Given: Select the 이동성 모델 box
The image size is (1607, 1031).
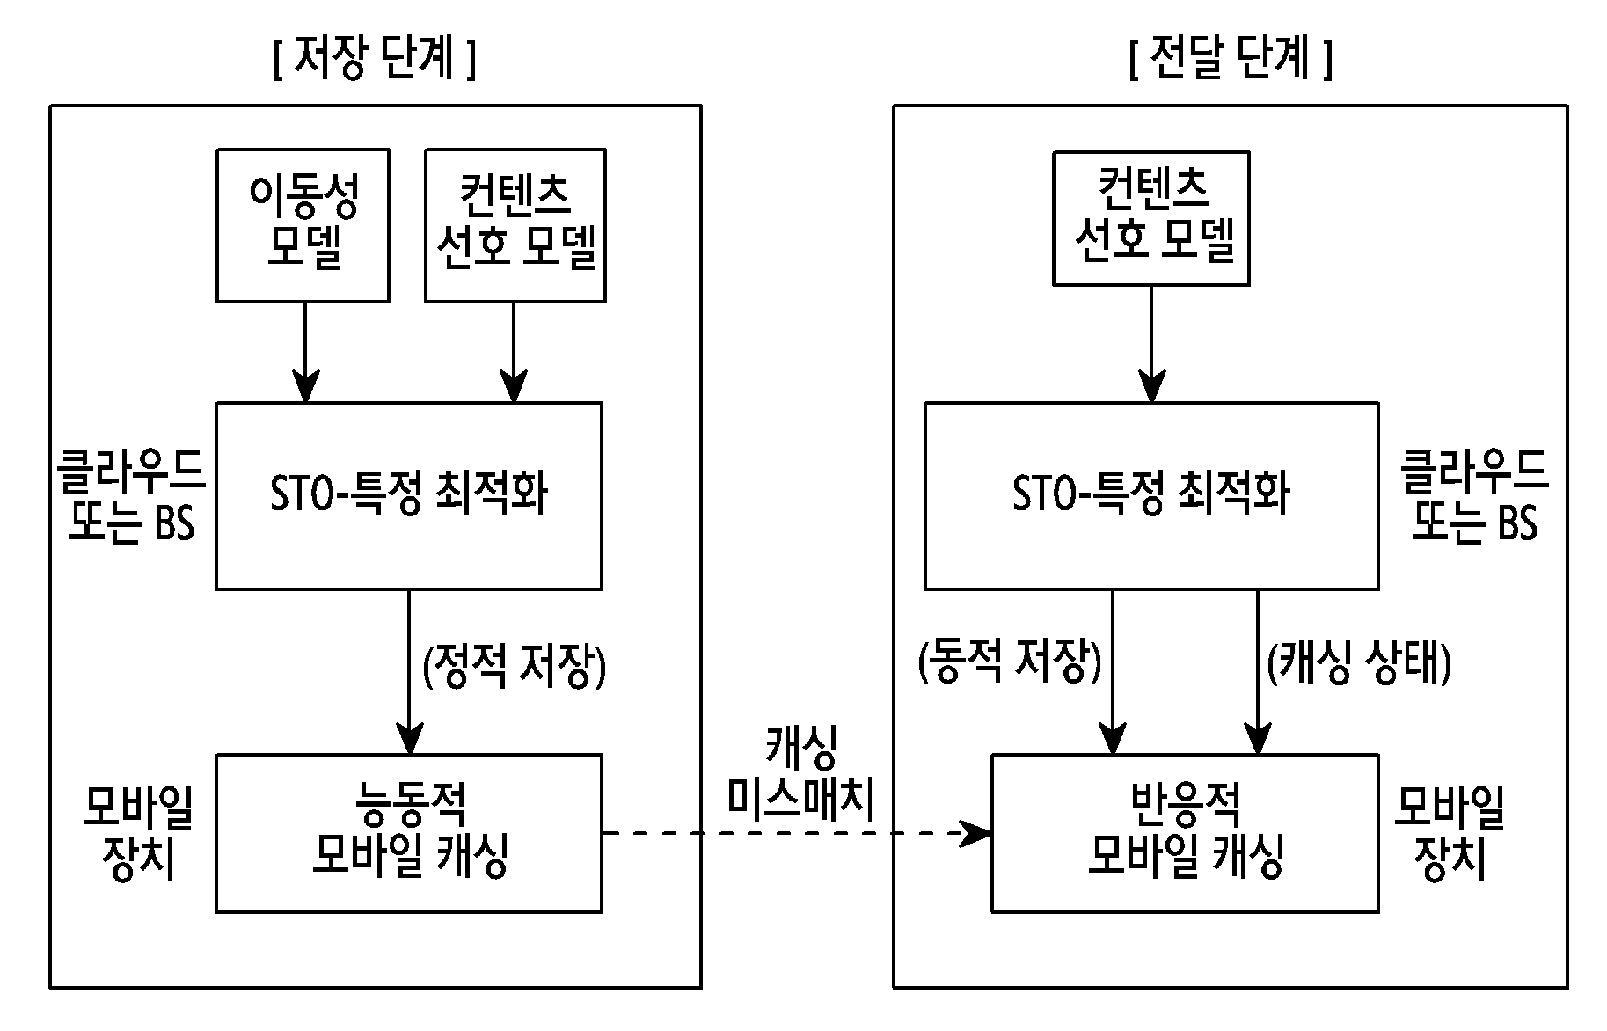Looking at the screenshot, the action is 303,225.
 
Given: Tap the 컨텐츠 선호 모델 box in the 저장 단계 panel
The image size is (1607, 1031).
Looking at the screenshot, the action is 515,225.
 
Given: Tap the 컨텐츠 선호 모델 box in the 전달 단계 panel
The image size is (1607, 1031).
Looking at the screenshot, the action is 1151,218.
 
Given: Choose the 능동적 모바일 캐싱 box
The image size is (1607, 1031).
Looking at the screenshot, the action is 409,833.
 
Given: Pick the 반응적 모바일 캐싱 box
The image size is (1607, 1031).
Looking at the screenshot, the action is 1185,833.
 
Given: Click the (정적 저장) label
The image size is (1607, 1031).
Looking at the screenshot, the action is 515,667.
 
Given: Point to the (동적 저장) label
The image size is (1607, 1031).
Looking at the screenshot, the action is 1009,662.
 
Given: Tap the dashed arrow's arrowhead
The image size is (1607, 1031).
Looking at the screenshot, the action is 976,833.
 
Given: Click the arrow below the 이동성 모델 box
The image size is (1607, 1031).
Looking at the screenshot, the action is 305,353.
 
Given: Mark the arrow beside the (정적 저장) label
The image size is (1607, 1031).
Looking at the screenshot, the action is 409,672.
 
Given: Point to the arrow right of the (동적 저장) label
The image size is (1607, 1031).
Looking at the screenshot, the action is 1113,672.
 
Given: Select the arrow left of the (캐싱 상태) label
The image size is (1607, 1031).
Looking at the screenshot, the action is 1258,672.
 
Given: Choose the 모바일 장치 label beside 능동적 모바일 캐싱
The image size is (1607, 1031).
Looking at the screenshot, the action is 138,831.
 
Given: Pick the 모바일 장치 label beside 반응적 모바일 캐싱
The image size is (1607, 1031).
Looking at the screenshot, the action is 1450,831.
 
